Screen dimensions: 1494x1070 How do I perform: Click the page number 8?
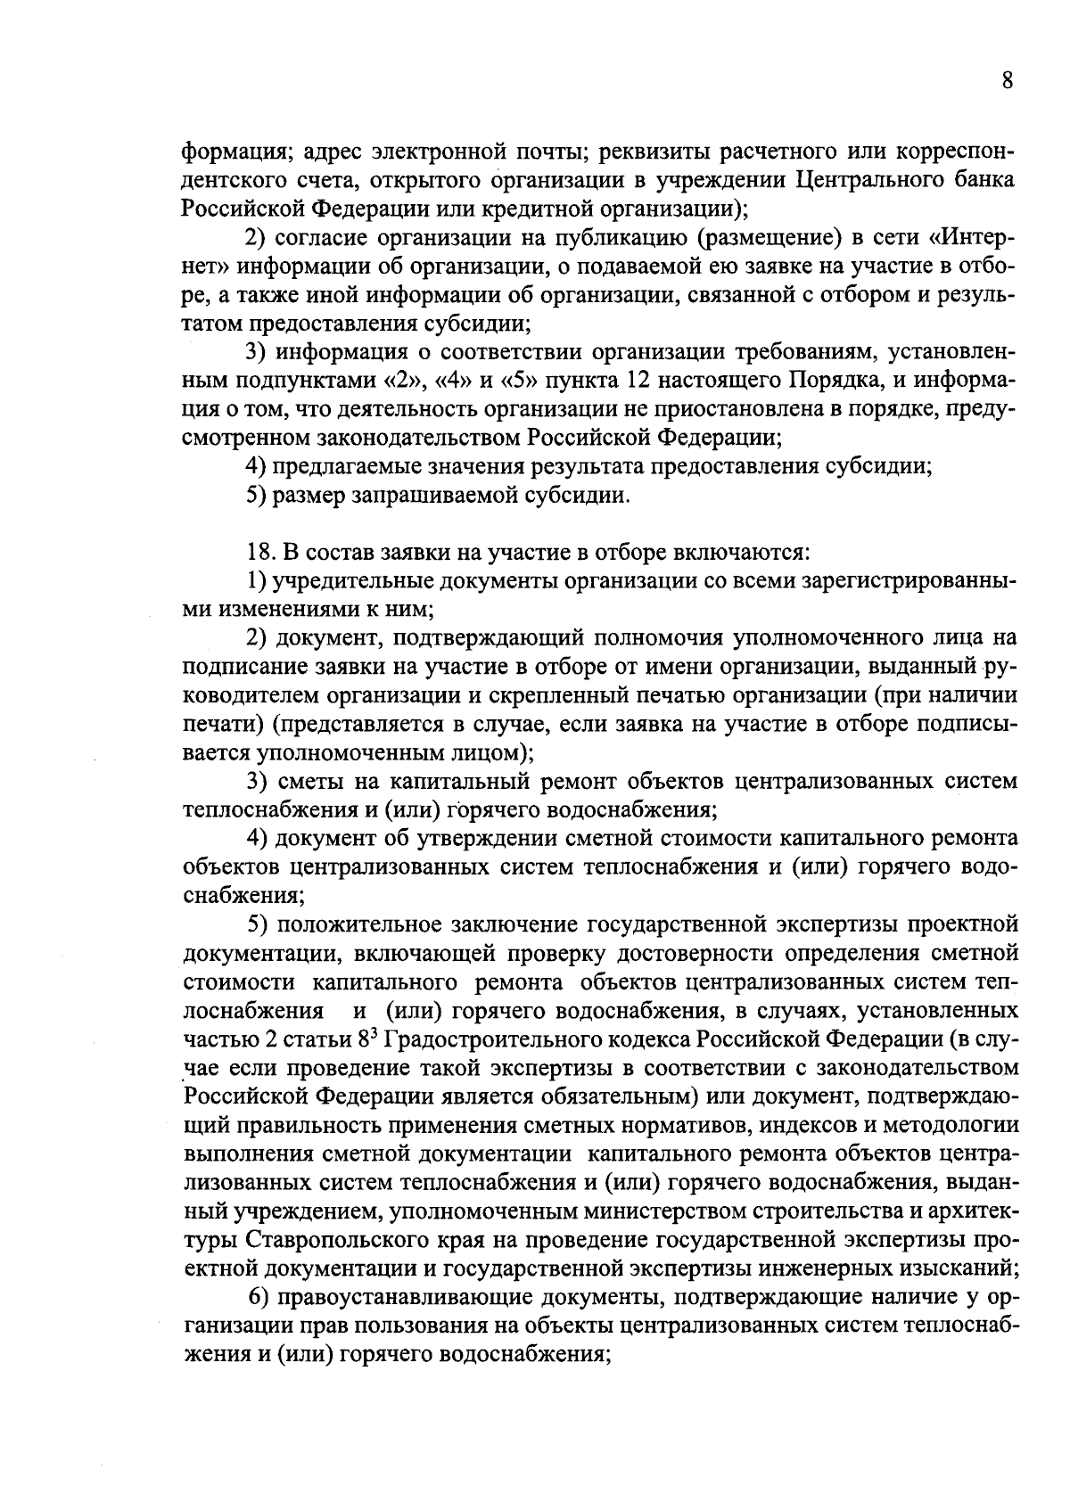tap(1008, 82)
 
